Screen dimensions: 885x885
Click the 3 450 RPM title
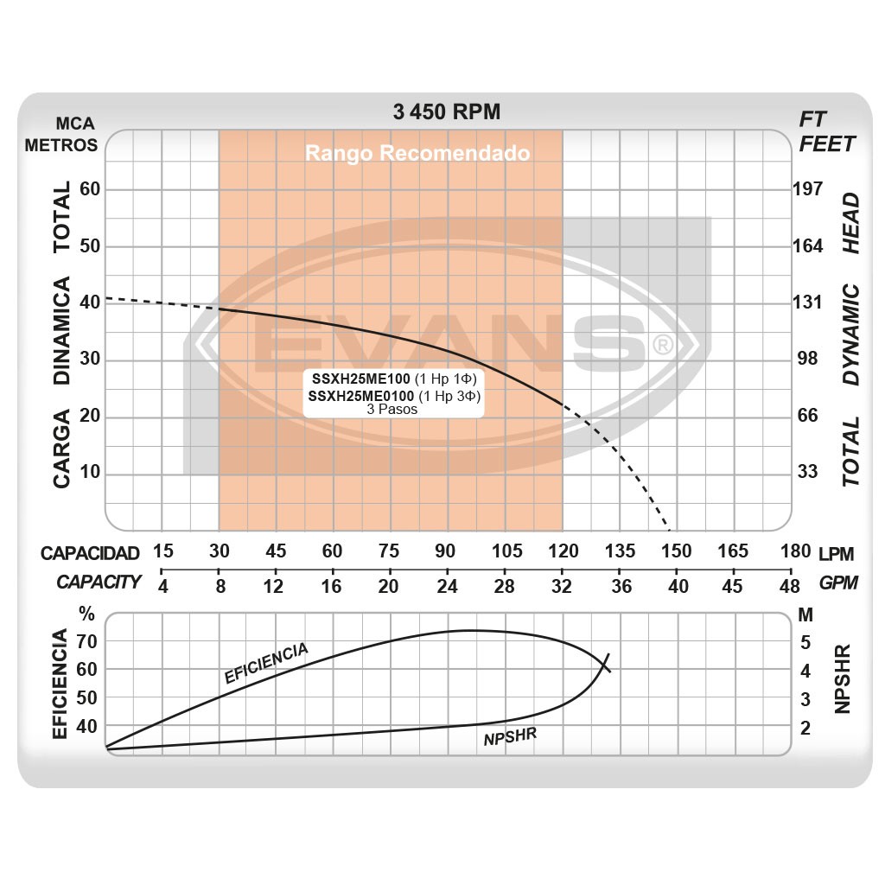point(446,112)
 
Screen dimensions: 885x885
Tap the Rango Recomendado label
point(417,154)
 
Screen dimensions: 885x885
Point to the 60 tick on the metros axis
point(90,189)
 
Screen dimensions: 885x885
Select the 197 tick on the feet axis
point(808,189)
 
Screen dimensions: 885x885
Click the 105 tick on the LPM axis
point(506,551)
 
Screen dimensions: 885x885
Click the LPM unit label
point(837,551)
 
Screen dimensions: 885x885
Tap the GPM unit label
point(838,583)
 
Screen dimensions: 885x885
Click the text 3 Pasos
point(392,410)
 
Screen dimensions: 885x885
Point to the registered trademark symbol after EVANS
point(663,345)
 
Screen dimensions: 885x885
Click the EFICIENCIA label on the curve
point(265,664)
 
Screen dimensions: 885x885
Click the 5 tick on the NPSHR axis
point(805,642)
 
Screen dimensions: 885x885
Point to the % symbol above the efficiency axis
point(86,615)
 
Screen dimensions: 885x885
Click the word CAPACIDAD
point(90,553)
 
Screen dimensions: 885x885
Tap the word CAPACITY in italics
point(99,582)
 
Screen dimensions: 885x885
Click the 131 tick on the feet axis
point(808,302)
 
